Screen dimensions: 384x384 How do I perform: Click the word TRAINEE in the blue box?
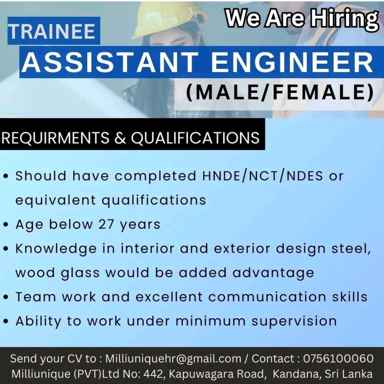[x=52, y=31]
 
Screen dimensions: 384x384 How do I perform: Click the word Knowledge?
[x=55, y=249]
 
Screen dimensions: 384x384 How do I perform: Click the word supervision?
[x=294, y=321]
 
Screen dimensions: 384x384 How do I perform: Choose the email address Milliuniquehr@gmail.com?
[x=173, y=358]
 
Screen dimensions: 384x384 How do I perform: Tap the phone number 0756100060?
[x=338, y=358]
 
